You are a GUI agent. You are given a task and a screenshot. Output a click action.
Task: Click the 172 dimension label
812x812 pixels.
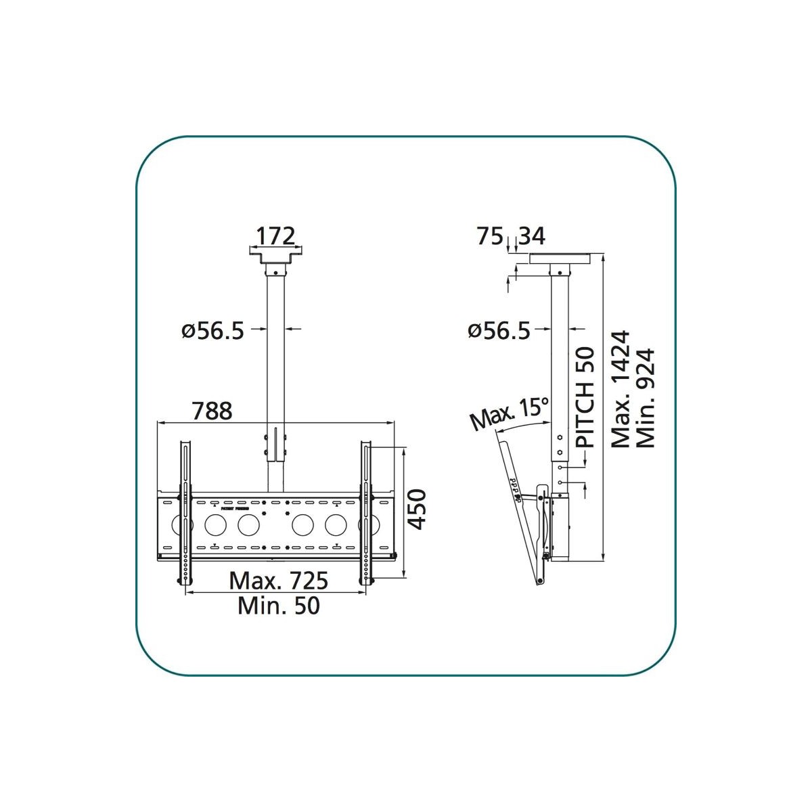pyautogui.click(x=275, y=236)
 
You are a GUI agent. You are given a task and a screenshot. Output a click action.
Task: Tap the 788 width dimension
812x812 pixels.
pyautogui.click(x=212, y=411)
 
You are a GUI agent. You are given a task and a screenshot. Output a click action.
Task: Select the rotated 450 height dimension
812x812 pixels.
pyautogui.click(x=418, y=509)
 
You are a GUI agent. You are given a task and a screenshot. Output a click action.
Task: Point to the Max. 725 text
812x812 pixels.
pyautogui.click(x=279, y=581)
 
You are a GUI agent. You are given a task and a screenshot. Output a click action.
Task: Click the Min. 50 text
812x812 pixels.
pyautogui.click(x=279, y=606)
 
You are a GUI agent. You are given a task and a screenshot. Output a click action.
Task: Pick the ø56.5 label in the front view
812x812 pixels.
pyautogui.click(x=212, y=331)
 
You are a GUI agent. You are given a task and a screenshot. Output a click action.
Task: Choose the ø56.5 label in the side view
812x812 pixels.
pyautogui.click(x=499, y=331)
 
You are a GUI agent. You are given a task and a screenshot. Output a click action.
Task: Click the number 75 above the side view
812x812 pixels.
pyautogui.click(x=490, y=236)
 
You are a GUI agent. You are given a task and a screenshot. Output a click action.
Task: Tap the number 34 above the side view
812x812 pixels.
pyautogui.click(x=532, y=236)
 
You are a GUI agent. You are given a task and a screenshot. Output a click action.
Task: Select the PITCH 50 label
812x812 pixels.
pyautogui.click(x=585, y=397)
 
